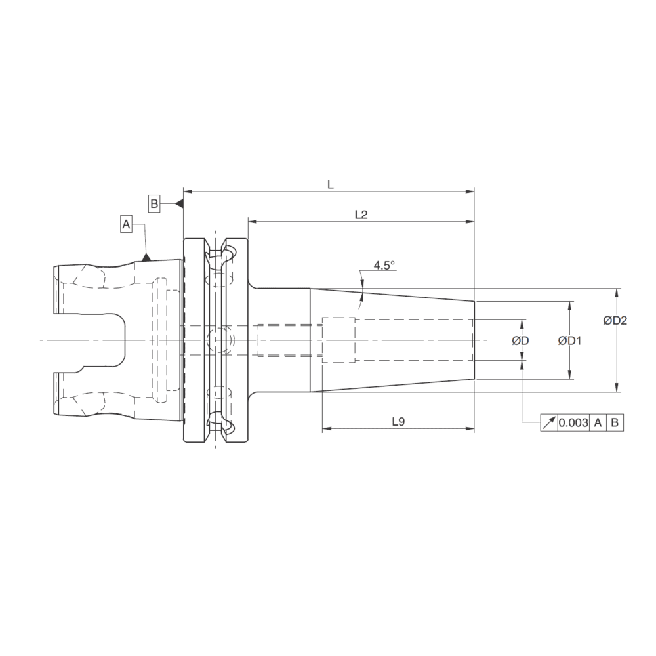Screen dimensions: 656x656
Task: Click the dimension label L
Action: pyautogui.click(x=331, y=185)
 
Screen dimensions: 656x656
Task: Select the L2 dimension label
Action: pyautogui.click(x=360, y=215)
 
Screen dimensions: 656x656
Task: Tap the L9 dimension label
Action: pyautogui.click(x=398, y=422)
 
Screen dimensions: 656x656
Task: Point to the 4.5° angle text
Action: pyautogui.click(x=384, y=266)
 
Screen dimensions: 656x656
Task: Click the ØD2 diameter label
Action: pyautogui.click(x=615, y=320)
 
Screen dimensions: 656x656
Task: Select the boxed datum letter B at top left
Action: pyautogui.click(x=154, y=203)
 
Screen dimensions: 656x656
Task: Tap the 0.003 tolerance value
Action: pyautogui.click(x=573, y=423)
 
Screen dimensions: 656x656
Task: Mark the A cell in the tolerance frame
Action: pyautogui.click(x=598, y=423)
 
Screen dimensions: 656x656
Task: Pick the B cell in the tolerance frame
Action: pyautogui.click(x=615, y=423)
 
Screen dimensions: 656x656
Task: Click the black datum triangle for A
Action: pyautogui.click(x=147, y=257)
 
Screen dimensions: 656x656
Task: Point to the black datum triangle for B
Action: pyautogui.click(x=178, y=203)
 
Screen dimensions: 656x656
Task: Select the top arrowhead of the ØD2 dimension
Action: pyautogui.click(x=617, y=293)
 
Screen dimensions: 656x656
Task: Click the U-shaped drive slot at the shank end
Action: pyautogui.click(x=92, y=340)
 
